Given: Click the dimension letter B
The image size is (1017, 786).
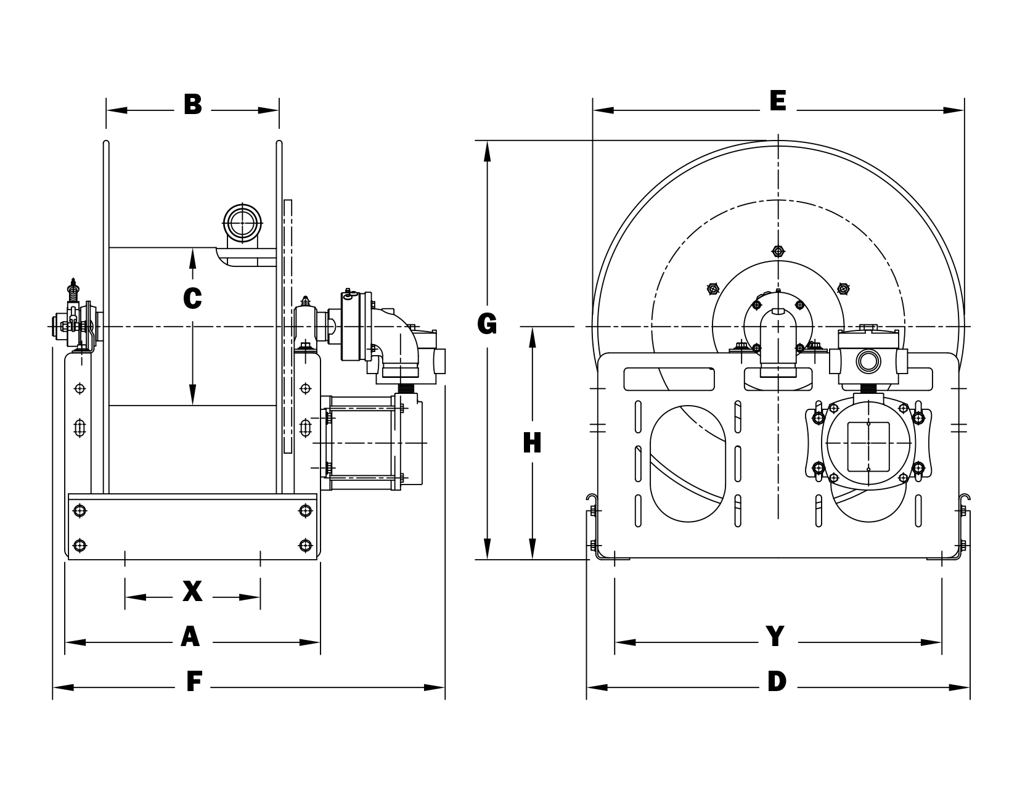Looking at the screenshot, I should tap(193, 105).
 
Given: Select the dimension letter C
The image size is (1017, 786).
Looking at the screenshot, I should tap(193, 298).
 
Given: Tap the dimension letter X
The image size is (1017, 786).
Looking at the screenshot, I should tap(192, 592).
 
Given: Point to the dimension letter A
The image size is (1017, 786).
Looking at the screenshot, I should tap(190, 637).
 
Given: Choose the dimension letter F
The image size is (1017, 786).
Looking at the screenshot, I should tap(194, 682).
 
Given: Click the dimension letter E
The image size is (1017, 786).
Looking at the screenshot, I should tap(778, 100).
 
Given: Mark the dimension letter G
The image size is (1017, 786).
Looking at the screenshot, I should tap(487, 324).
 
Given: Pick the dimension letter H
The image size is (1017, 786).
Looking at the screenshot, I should tap(531, 443).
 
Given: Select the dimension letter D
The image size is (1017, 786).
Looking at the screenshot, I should tap(777, 682).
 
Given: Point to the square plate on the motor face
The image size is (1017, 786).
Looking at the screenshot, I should tap(868, 446).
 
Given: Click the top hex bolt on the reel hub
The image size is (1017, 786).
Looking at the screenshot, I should tap(778, 252).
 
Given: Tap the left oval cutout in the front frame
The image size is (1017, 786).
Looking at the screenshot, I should tap(688, 461).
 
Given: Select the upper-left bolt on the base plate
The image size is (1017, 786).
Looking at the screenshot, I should tap(79, 510).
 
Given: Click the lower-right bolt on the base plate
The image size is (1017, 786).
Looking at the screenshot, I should tap(304, 545).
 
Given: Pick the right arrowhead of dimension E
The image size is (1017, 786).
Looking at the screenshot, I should tap(954, 111).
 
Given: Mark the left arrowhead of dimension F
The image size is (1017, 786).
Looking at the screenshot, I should tap(62, 687).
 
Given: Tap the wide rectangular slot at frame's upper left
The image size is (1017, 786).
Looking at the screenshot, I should tap(669, 379).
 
